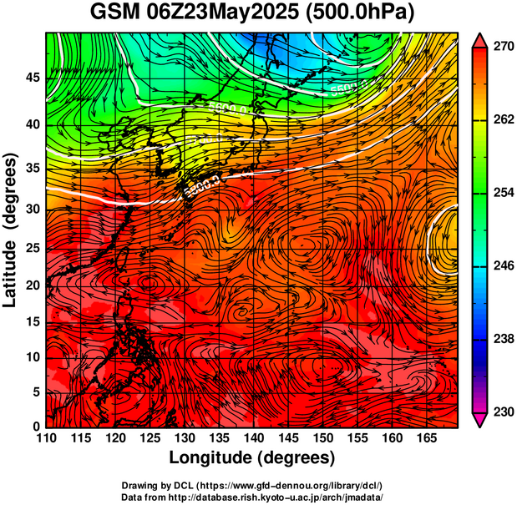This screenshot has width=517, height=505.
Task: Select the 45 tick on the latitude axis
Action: point(31,78)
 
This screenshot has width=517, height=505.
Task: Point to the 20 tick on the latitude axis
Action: point(31,285)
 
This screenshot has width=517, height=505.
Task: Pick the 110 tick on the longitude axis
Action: point(46,439)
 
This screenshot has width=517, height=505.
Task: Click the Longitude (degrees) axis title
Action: point(252,458)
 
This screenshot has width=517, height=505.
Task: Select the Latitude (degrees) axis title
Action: point(11,230)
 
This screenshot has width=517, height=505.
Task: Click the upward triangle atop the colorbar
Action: point(479,39)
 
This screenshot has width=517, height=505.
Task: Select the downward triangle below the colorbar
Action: point(479,421)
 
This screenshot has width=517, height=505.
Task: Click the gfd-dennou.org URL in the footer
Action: point(288,485)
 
